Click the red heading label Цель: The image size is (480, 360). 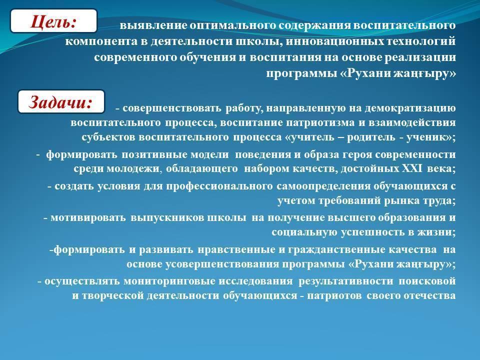coord(53,21)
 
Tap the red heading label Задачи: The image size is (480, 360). coord(60,102)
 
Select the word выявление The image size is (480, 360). coord(153,25)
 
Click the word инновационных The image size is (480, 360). coord(334,41)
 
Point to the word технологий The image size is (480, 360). coord(421,41)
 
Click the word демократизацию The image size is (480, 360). coord(410,108)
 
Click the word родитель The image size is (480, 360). coord(370,137)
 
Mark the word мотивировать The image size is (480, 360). coord(88,217)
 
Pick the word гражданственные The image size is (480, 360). coord(335,249)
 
